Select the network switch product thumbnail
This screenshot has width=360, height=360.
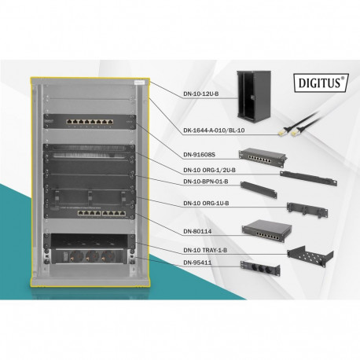pos(263,228)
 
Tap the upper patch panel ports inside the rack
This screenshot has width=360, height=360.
pos(91,124)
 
